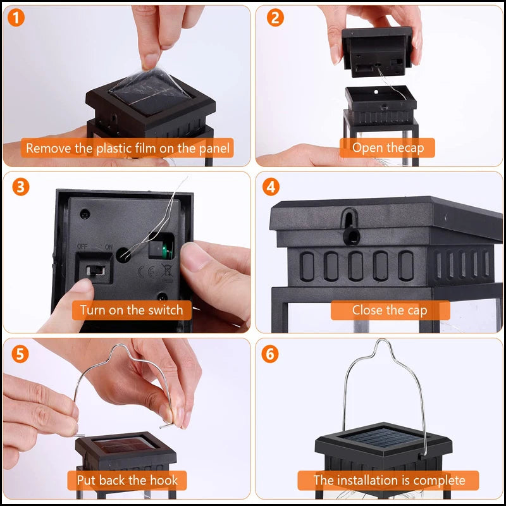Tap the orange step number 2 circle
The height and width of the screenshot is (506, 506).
coord(274,18)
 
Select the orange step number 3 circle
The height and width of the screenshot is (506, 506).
coord(20,187)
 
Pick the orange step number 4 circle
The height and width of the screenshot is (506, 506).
coord(271,188)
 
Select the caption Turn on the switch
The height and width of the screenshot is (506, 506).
coord(131,310)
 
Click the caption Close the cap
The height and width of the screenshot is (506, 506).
coord(389,310)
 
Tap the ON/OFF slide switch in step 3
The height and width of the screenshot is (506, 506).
coord(93,269)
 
